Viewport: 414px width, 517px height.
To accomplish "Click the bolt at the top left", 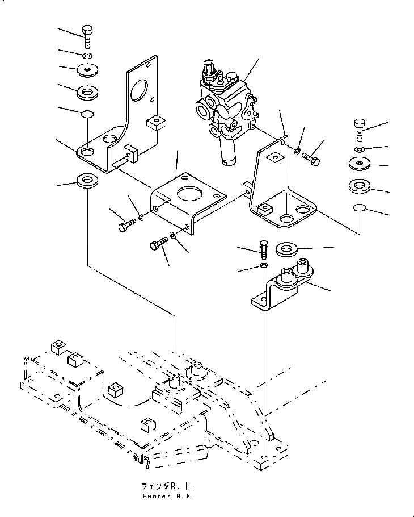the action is coord(87,36).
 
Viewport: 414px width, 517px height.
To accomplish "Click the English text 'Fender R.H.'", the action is coord(168,496).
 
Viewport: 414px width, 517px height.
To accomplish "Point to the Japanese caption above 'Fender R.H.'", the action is coord(168,486).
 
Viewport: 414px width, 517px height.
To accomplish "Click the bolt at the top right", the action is coord(360,130).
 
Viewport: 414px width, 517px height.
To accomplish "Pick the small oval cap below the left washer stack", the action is coord(87,114).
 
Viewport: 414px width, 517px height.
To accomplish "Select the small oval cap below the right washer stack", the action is coord(360,207).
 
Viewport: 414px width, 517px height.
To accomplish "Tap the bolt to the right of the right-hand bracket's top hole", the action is coord(311,159).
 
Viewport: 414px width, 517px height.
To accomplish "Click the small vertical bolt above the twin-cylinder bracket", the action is coord(264,249).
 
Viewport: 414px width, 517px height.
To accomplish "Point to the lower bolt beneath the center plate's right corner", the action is coord(159,244).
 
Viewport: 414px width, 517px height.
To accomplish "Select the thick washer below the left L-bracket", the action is coord(87,180).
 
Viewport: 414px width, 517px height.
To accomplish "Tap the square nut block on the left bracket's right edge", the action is coord(156,123).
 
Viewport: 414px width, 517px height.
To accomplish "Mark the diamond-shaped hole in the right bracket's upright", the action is coord(275,157).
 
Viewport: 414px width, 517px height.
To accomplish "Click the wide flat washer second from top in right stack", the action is coord(360,164).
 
